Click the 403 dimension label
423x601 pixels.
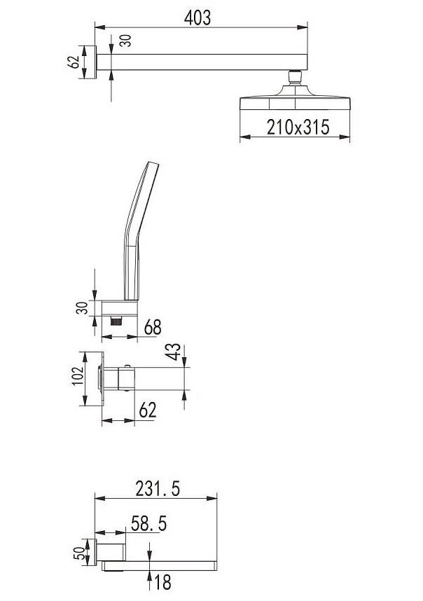pyautogui.click(x=197, y=18)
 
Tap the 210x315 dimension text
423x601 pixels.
pyautogui.click(x=298, y=127)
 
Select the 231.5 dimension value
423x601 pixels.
pyautogui.click(x=158, y=489)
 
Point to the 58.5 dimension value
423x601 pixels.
pyautogui.click(x=148, y=523)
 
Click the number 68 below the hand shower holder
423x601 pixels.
pyautogui.click(x=153, y=327)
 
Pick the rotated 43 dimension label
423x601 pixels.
pyautogui.click(x=174, y=352)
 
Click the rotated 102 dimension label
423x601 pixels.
pyautogui.click(x=78, y=376)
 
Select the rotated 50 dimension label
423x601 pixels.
pyautogui.click(x=78, y=553)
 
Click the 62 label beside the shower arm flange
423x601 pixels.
pyautogui.click(x=73, y=62)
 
